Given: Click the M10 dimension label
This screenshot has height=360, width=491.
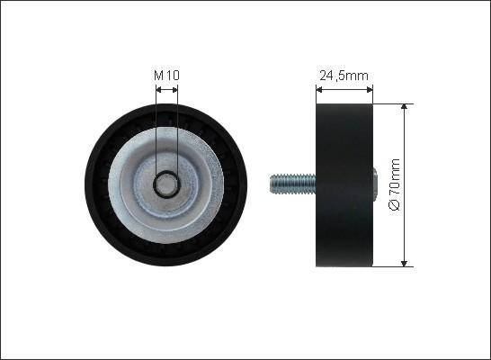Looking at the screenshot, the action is [166, 76].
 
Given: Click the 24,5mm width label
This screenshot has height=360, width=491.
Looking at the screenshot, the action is [344, 76].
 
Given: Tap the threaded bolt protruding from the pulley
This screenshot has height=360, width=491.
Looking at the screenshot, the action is [292, 184].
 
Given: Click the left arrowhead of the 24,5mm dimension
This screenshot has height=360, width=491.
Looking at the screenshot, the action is [319, 90].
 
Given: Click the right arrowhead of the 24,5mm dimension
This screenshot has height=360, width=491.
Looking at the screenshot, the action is [370, 90].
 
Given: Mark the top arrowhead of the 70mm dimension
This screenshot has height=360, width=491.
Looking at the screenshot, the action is [405, 107].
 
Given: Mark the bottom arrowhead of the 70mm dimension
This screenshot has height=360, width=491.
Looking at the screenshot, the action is [405, 263].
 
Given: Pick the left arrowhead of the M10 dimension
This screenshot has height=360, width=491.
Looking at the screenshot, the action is [158, 90].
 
